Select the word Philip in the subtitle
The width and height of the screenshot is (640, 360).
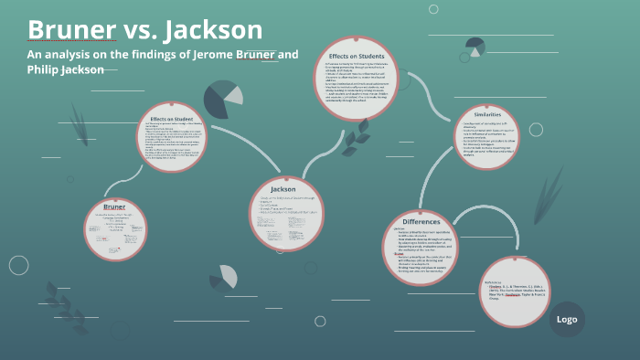tap(46, 69)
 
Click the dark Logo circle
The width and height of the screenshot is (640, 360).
tap(567, 319)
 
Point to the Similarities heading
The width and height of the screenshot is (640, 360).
tap(486, 116)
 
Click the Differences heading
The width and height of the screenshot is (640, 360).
tap(421, 222)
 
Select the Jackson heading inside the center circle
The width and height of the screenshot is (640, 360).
tap(283, 189)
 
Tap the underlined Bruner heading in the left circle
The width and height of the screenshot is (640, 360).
tap(114, 207)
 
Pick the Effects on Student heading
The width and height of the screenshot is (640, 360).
tap(173, 118)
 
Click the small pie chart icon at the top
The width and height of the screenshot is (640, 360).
tap(475, 46)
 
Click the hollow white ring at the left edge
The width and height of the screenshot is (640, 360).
tap(18, 265)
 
